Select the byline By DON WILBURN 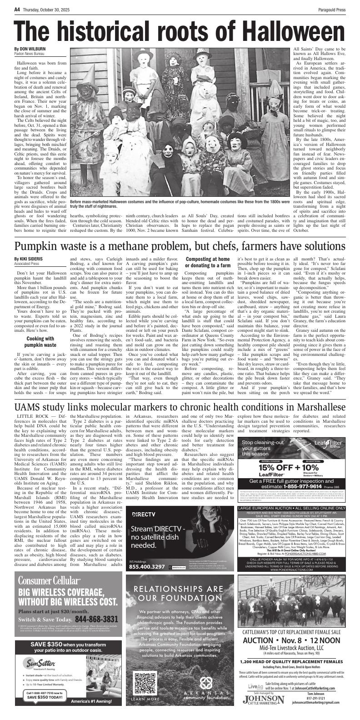pyautogui.click(x=30, y=49)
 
